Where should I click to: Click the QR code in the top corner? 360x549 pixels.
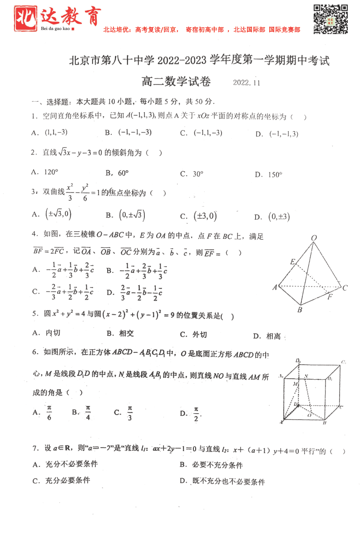coord(330,19)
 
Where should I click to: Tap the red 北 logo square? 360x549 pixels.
coord(25,19)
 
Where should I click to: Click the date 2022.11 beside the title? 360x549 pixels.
coord(247,83)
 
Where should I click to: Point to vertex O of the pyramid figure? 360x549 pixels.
coord(314,238)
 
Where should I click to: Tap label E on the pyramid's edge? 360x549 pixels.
coord(293,262)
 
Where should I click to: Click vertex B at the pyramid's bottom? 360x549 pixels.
coord(300,310)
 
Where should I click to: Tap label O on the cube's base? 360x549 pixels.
coord(309,415)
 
